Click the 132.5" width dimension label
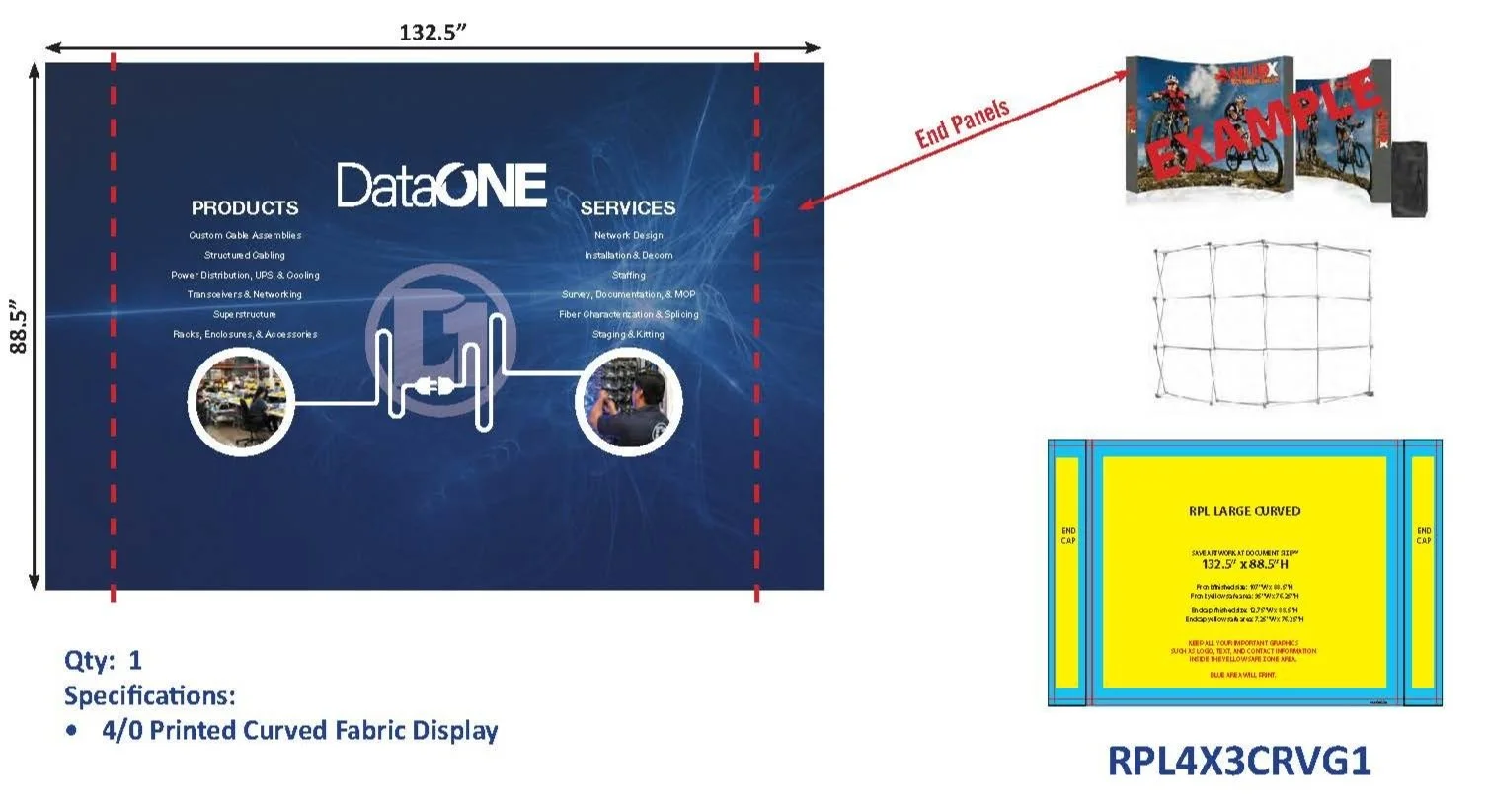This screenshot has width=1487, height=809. pos(432,32)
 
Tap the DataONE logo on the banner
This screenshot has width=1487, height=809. pos(441,186)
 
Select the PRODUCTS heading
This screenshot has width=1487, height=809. pos(245,208)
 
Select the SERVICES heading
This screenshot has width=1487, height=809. pos(628,208)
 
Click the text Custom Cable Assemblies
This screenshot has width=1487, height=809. pos(245,235)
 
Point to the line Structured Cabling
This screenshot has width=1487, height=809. pos(245,255)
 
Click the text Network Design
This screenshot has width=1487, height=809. pos(629,235)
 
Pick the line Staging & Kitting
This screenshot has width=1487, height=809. pos(628,334)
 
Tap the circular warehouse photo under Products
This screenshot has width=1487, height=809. pos(241,401)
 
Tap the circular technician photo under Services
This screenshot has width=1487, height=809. pos(629,402)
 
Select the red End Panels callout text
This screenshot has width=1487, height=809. pos(962,123)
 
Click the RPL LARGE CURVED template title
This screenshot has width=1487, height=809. pos(1244,511)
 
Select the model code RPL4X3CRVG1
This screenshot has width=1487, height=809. pos(1239,761)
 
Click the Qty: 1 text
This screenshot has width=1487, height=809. pos(103,660)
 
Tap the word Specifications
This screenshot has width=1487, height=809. pos(150,695)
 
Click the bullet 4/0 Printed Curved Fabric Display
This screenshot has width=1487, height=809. pos(299,731)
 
